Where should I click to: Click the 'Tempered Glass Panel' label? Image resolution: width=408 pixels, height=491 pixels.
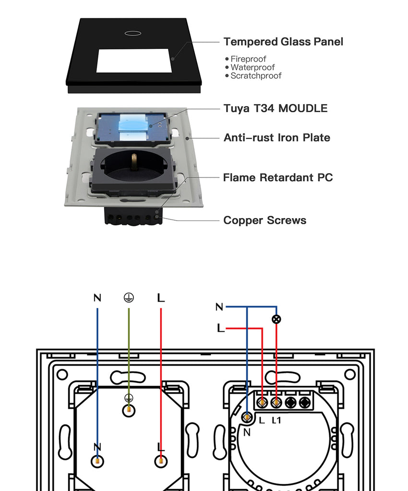tap(283, 42)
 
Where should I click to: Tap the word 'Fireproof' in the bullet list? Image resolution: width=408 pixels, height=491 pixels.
tap(248, 59)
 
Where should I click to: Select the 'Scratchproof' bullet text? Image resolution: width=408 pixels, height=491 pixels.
tap(256, 76)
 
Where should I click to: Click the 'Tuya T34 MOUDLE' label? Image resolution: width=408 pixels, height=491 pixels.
tap(276, 108)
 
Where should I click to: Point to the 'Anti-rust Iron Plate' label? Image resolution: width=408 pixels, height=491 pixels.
tap(277, 138)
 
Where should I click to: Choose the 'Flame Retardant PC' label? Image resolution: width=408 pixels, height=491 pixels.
tap(278, 177)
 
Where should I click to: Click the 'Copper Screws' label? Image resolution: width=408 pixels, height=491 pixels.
tap(265, 221)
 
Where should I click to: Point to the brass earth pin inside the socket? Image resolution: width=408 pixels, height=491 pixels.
tap(134, 161)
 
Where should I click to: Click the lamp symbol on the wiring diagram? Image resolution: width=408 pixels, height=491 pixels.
tap(276, 319)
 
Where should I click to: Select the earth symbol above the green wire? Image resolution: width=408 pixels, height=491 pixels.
tap(129, 298)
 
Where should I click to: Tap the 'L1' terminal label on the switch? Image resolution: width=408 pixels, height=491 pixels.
tap(276, 421)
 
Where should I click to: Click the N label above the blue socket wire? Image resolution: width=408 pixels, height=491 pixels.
tap(97, 298)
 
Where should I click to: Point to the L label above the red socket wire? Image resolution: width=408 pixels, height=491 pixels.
tap(161, 298)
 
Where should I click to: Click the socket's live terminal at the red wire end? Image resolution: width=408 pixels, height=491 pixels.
tap(161, 461)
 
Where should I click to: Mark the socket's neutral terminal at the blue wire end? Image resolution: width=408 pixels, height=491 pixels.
tap(97, 461)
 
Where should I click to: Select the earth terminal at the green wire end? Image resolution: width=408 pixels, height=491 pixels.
tap(129, 410)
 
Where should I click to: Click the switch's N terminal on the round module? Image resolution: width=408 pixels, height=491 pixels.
tap(247, 418)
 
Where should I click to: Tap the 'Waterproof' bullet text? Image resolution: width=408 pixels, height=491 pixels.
tap(252, 68)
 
